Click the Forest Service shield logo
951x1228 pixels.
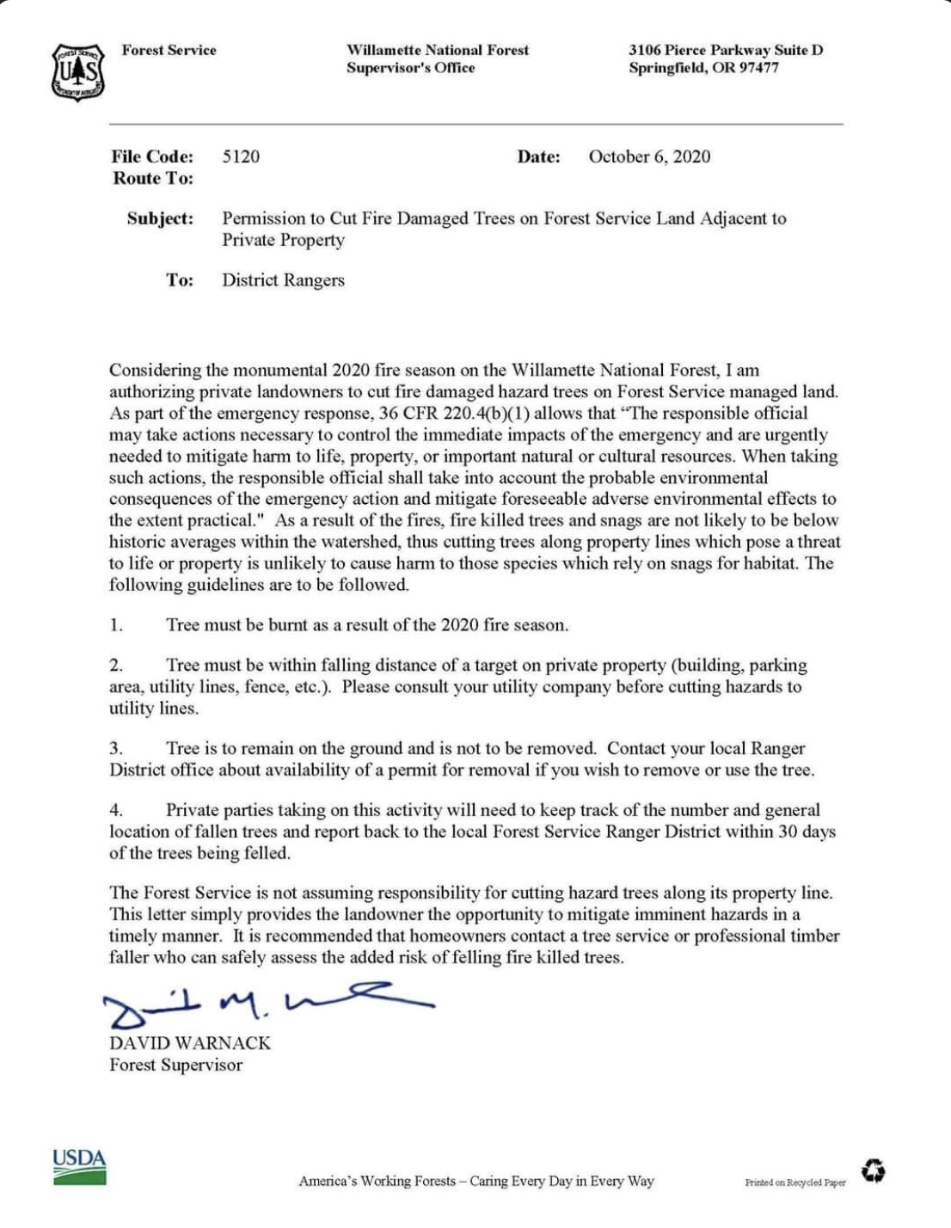pyautogui.click(x=78, y=72)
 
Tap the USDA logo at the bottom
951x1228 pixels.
pyautogui.click(x=79, y=1166)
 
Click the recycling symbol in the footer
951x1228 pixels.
pyautogui.click(x=874, y=1170)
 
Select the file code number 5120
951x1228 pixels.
pyautogui.click(x=241, y=157)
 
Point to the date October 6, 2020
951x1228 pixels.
pyautogui.click(x=649, y=157)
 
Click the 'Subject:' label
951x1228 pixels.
pyautogui.click(x=160, y=218)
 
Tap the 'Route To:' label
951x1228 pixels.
pyautogui.click(x=153, y=179)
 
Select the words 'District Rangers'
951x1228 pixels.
pyautogui.click(x=283, y=280)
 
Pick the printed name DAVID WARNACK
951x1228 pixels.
pyautogui.click(x=190, y=1043)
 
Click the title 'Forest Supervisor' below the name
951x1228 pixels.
pyautogui.click(x=175, y=1065)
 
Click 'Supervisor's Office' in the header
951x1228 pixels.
pyautogui.click(x=410, y=68)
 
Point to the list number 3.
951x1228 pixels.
pyautogui.click(x=116, y=748)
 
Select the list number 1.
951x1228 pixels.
pyautogui.click(x=116, y=625)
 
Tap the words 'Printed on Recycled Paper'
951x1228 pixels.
pyautogui.click(x=795, y=1182)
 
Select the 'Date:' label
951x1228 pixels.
pyautogui.click(x=538, y=157)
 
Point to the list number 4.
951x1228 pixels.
pyautogui.click(x=116, y=810)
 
